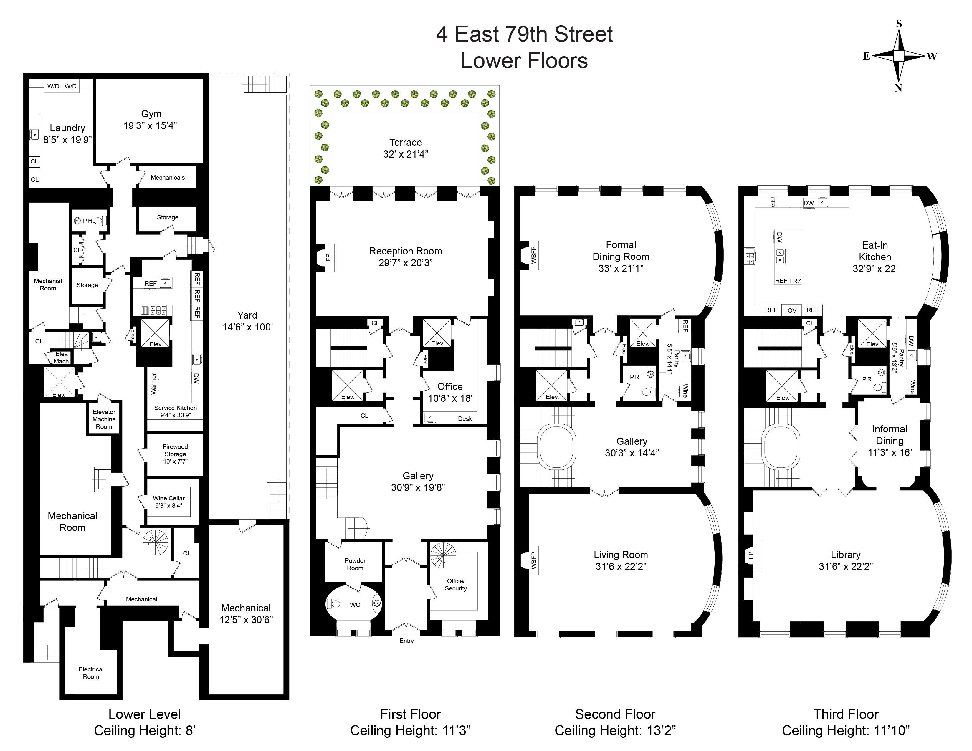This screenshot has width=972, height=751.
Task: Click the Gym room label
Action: tap(151, 114)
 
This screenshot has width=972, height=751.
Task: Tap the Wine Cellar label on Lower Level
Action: tap(169, 498)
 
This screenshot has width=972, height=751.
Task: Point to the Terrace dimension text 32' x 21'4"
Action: tap(406, 154)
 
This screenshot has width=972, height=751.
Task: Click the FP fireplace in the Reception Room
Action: tap(328, 257)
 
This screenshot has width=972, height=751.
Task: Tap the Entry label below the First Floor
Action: tap(406, 641)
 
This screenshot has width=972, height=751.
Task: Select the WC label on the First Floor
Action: tap(355, 605)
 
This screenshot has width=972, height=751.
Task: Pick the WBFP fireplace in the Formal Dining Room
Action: tap(533, 255)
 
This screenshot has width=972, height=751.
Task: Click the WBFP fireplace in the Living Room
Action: tap(533, 560)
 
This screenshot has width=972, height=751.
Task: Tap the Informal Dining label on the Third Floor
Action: tap(889, 435)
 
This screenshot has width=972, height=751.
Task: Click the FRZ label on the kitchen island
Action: tap(795, 281)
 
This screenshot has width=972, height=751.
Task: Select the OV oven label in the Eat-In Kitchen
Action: tap(792, 310)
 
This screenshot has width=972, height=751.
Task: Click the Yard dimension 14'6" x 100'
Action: tap(247, 327)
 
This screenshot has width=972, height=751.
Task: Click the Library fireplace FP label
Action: tap(751, 555)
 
